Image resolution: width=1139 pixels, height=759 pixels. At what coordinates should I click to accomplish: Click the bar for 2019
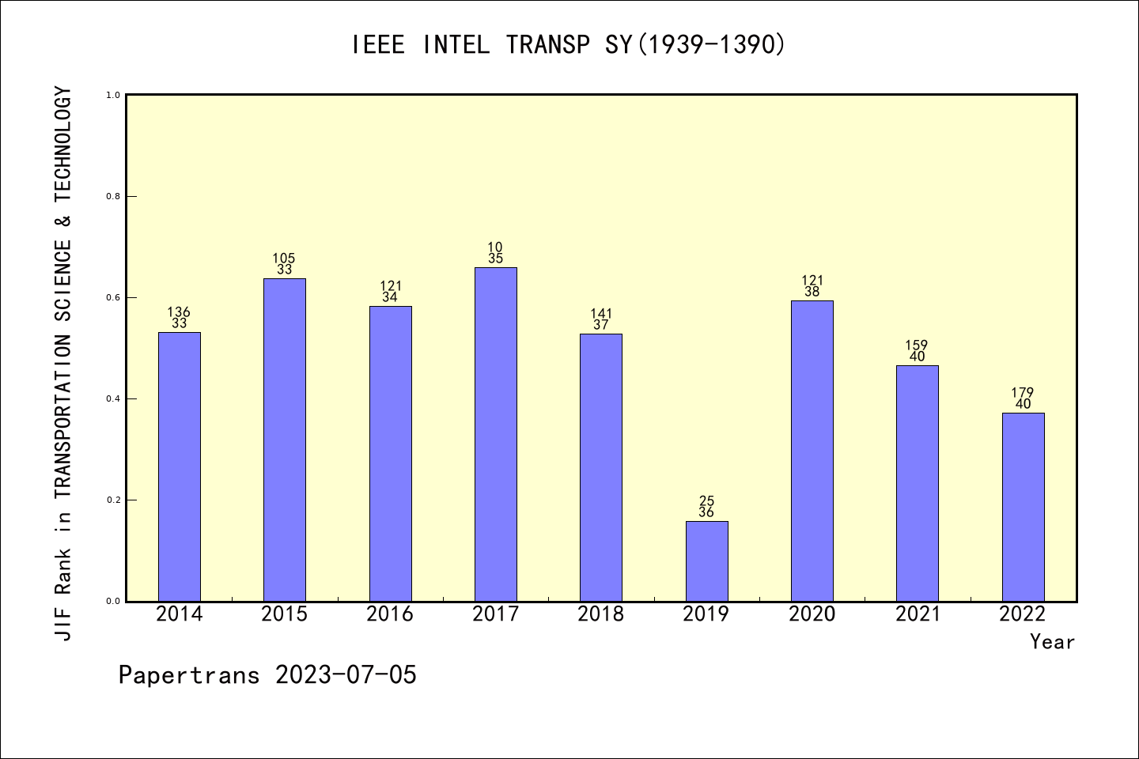(x=706, y=561)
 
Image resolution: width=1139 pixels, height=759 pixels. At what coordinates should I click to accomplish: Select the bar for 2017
(x=495, y=434)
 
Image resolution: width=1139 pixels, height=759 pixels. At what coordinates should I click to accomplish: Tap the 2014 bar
(x=179, y=466)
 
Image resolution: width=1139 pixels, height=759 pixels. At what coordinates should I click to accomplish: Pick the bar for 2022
(x=1023, y=507)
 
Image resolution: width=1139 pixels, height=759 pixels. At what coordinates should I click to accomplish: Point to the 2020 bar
(x=812, y=451)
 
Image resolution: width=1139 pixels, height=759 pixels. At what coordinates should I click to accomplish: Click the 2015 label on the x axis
(x=284, y=614)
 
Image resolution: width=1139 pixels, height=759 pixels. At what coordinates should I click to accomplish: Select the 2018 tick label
(x=600, y=614)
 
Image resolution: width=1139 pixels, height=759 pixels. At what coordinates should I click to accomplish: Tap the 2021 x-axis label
(x=918, y=614)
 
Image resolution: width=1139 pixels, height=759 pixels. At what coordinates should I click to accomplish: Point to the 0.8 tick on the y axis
(x=113, y=196)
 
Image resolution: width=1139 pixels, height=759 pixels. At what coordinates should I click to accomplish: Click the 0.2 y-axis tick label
(x=113, y=500)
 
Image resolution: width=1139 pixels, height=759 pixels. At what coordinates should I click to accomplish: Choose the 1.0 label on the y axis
(x=113, y=95)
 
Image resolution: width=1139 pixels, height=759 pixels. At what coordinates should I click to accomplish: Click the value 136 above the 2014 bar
(x=179, y=312)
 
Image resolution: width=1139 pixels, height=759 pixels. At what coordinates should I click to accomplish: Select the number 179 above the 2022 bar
(x=1023, y=393)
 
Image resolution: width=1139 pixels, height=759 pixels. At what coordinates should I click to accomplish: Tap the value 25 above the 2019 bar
(x=706, y=501)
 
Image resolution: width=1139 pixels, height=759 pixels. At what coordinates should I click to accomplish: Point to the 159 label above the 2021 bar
(x=917, y=346)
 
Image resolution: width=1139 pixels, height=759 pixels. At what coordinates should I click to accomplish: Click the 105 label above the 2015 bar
(x=284, y=259)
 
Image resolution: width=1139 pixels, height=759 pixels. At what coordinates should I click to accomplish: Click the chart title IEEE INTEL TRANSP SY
(x=569, y=45)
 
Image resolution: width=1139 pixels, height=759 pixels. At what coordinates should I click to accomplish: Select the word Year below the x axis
(x=1052, y=642)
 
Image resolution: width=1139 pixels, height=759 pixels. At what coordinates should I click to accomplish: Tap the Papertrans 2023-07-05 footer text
(x=267, y=675)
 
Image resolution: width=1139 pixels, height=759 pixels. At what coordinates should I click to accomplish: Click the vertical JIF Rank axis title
(x=63, y=364)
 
